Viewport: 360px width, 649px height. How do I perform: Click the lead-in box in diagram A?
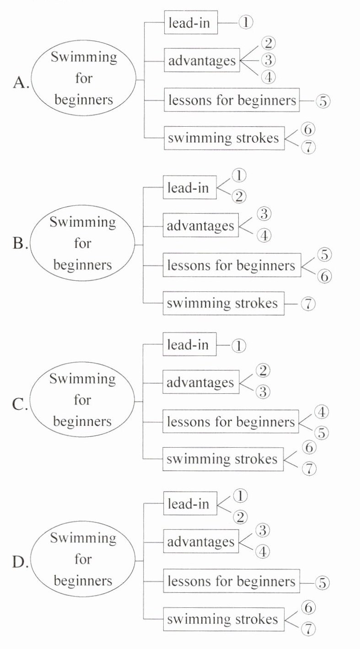pos(191,23)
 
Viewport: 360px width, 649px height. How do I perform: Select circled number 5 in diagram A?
pos(322,101)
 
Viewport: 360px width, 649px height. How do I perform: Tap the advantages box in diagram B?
pos(201,226)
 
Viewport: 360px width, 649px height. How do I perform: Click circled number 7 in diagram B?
pos(308,304)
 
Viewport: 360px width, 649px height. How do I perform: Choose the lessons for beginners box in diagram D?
pos(231,582)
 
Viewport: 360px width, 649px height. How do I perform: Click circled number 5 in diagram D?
pos(322,583)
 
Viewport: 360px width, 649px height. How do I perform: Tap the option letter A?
pos(21,82)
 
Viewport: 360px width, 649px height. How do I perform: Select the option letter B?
pos(20,244)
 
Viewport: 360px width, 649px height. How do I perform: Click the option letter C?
pos(20,405)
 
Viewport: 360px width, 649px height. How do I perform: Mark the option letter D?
pos(20,563)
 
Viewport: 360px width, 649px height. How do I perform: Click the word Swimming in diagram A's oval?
pos(84,58)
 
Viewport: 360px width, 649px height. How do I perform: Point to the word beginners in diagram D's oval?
pos(83,581)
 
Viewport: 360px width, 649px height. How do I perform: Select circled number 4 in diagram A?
pos(269,77)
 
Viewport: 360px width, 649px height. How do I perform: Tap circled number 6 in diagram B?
pos(324,276)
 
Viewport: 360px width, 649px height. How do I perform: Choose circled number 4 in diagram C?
pos(322,412)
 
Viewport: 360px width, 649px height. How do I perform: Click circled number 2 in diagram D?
pos(239,517)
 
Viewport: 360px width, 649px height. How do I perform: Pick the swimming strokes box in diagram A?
pos(224,138)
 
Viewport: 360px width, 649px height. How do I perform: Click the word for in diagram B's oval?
pos(82,243)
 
